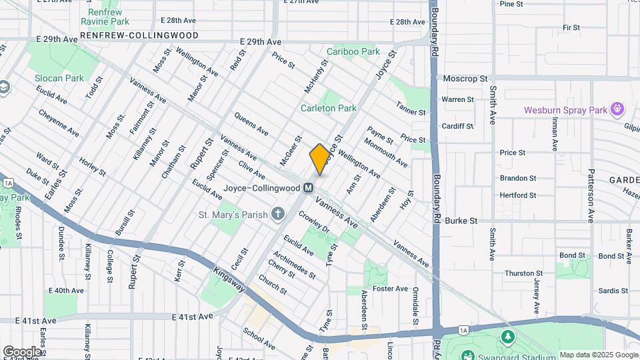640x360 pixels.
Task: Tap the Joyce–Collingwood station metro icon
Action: point(309,188)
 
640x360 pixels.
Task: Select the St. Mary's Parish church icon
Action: point(278,214)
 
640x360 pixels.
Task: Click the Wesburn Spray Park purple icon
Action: point(618,108)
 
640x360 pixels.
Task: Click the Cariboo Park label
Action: point(353,51)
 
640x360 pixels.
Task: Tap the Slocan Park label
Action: point(59,78)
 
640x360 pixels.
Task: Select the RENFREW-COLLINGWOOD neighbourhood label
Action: point(139,35)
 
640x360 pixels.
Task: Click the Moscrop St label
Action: point(465,79)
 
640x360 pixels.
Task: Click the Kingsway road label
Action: point(230,281)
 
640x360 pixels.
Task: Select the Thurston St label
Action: point(523,273)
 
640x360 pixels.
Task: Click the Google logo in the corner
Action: point(22,351)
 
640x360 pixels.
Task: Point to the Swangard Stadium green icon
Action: point(508,336)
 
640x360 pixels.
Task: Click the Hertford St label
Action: point(518,195)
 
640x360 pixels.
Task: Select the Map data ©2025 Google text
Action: point(599,355)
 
